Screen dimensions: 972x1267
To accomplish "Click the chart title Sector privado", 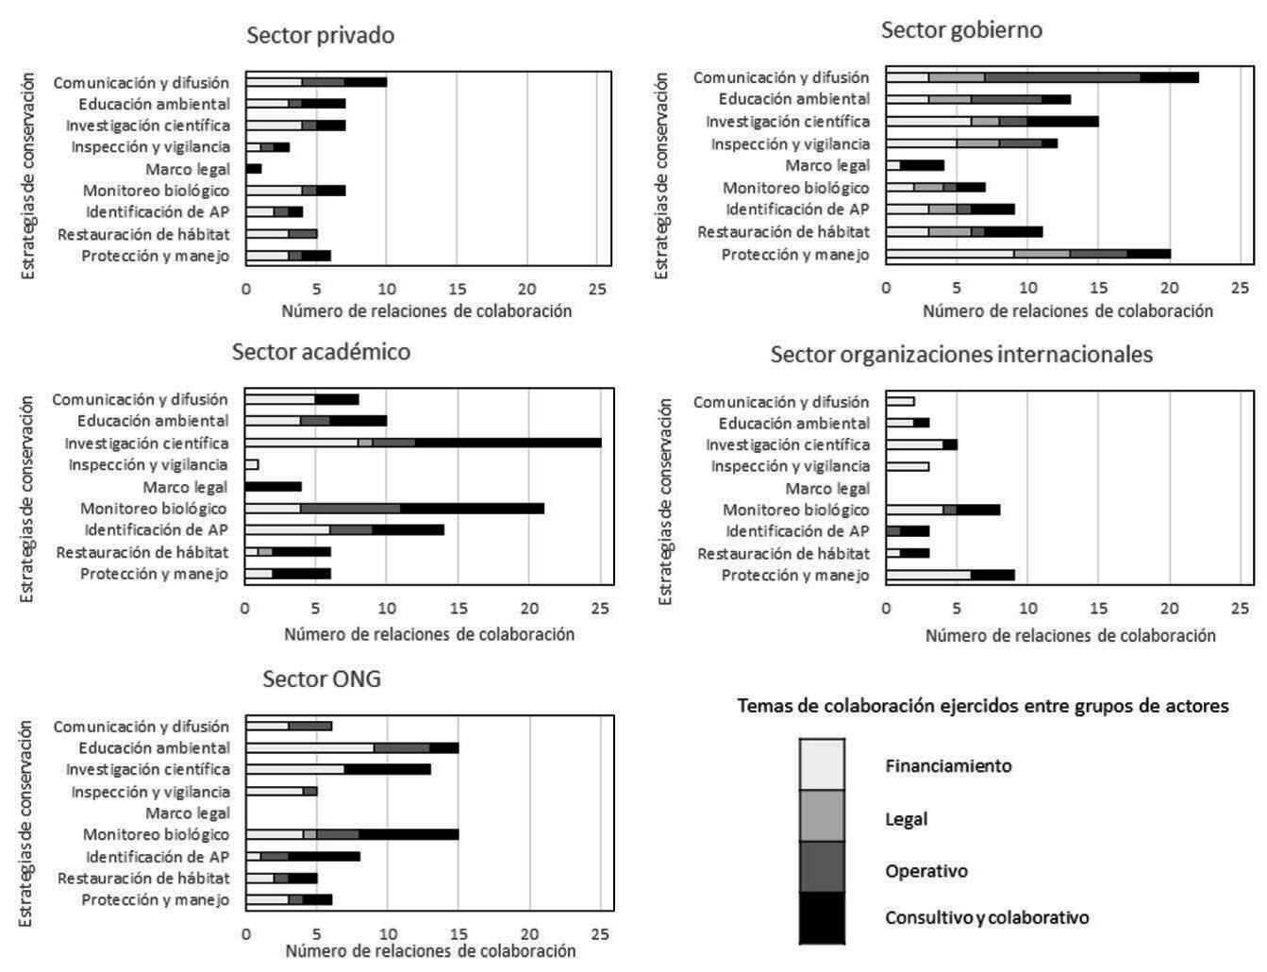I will (320, 36).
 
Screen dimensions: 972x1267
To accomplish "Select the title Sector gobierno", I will (961, 30).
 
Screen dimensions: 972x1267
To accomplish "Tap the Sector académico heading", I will (321, 352).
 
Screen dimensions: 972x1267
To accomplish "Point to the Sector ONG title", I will (322, 679).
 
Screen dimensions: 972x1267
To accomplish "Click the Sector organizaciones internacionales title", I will (961, 355).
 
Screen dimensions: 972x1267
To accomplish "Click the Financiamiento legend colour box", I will (822, 764).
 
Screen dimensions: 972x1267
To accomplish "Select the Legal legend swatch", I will (822, 816).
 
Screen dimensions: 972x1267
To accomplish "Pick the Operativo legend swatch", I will (822, 868).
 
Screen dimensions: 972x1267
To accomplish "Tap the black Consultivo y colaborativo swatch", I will (822, 917).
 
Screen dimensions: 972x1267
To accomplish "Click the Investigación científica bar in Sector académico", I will (423, 443).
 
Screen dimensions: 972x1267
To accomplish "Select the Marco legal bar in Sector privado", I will (254, 169).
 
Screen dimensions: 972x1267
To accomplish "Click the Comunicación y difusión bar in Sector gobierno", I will (1042, 77).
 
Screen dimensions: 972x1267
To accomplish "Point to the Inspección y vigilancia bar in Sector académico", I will (252, 464).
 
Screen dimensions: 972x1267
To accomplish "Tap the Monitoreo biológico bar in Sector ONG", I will (352, 834).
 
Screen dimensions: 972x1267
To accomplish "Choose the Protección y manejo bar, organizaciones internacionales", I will (950, 575).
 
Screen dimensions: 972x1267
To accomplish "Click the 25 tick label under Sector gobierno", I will (1241, 287).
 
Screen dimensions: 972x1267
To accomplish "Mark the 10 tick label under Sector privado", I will (387, 289).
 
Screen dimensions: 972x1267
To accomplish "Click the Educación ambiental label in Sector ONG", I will (154, 747).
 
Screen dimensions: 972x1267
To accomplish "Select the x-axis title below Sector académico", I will (429, 634).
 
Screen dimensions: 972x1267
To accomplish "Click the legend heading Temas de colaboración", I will (982, 706).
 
